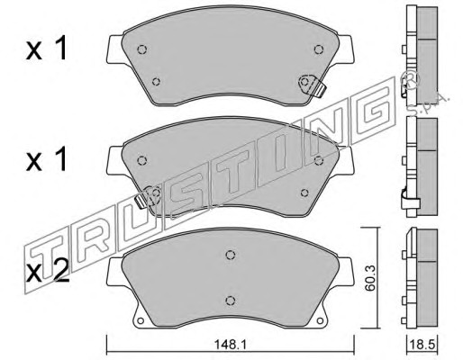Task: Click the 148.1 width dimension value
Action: [x=230, y=345]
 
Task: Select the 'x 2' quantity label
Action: [x=48, y=272]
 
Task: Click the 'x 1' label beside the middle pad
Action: [x=47, y=160]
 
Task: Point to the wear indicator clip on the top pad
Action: [x=313, y=85]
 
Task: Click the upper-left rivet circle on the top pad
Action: [x=141, y=49]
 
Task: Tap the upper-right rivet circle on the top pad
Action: [x=319, y=49]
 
